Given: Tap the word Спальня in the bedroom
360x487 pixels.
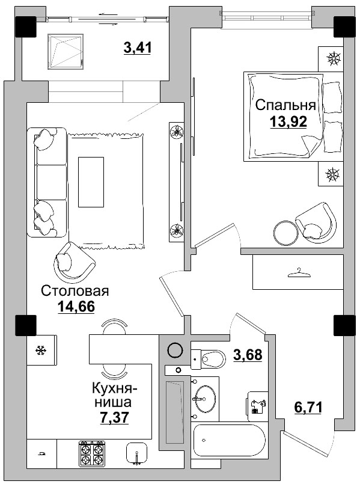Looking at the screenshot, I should tap(286, 105).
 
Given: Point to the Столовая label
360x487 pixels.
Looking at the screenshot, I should tap(75, 292).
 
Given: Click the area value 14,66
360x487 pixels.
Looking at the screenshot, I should tap(77, 308).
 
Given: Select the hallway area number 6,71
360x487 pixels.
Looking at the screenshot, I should tap(308, 408).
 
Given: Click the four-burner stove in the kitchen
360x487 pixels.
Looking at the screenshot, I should tap(91, 454).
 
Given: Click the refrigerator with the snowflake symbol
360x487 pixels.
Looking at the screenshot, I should tap(41, 350).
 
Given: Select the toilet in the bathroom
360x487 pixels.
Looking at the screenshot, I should tap(207, 360).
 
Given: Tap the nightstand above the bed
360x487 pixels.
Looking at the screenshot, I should tap(332, 59).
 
